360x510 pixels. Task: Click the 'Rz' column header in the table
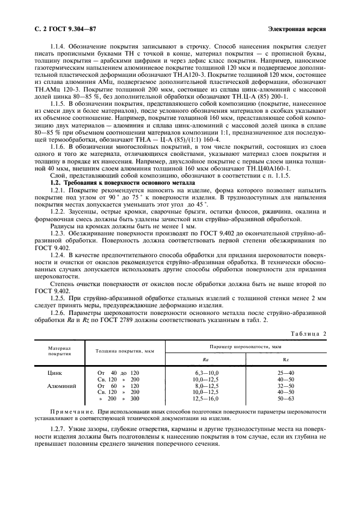coord(285,360)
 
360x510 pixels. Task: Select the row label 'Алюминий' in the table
coord(61,385)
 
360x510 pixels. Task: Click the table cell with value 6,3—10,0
coord(205,372)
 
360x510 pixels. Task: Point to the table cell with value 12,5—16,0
coord(205,398)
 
